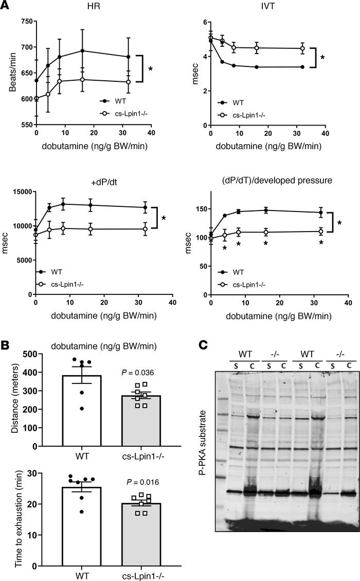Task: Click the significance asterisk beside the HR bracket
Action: tap(150, 68)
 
